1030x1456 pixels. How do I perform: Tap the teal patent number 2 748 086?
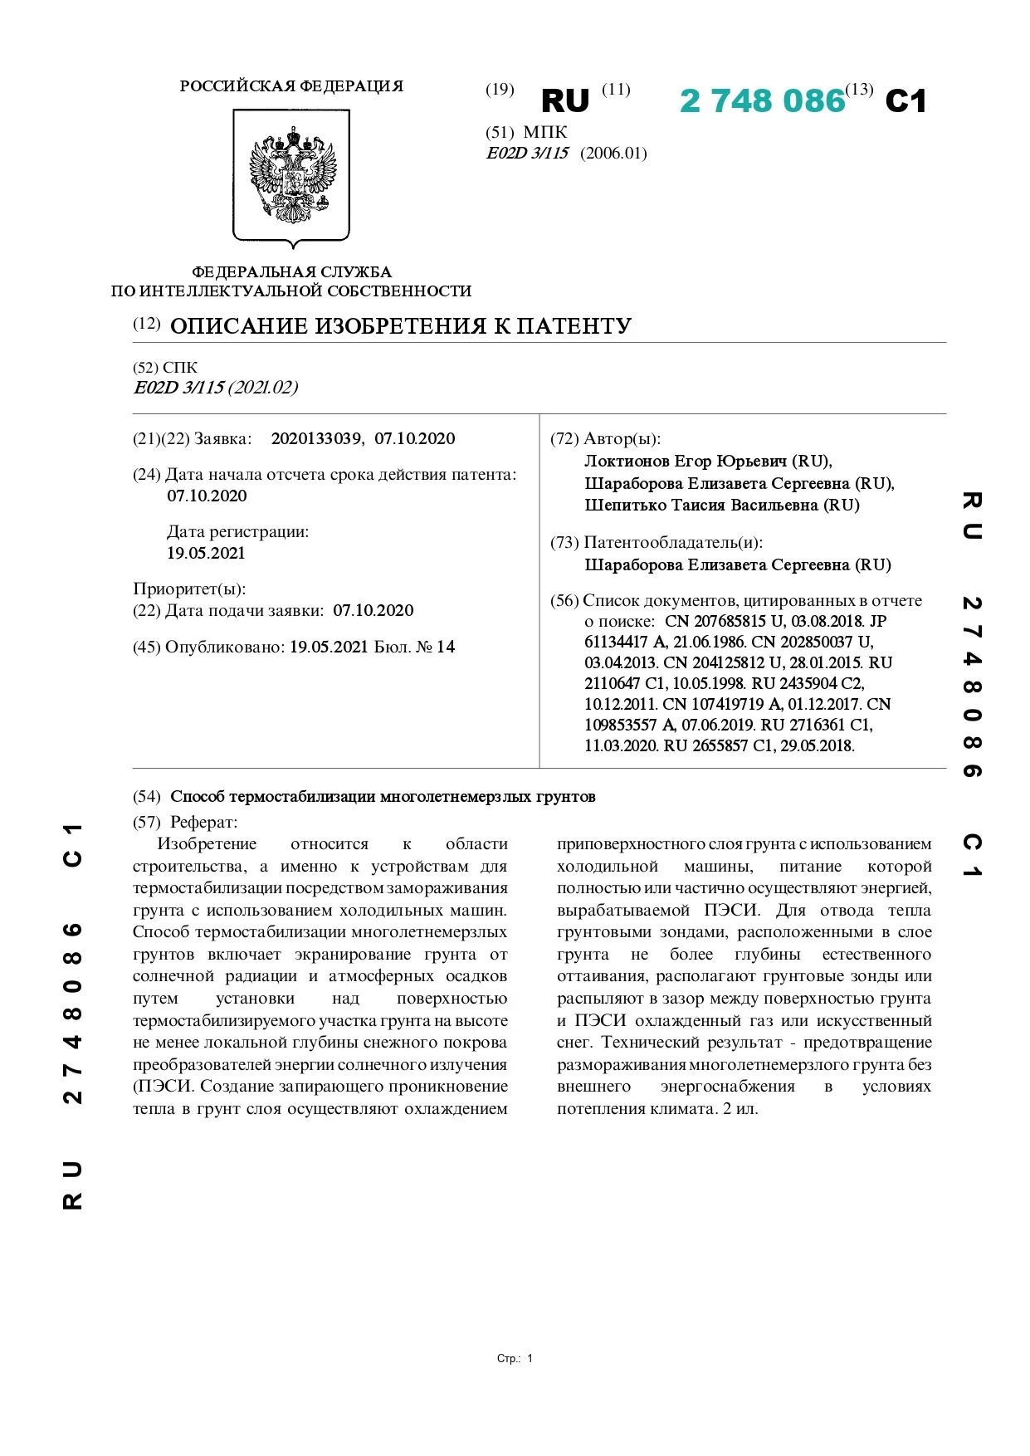coord(762,101)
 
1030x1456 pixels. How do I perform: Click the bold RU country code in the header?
coord(564,101)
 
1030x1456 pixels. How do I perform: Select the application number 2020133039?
coord(316,439)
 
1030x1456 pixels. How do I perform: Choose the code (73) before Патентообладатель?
coord(564,543)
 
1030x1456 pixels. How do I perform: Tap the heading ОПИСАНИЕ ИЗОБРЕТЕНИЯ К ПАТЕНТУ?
coord(401,326)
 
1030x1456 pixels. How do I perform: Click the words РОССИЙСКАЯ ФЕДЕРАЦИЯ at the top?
coord(291,86)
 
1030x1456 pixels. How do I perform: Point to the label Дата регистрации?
coord(237,532)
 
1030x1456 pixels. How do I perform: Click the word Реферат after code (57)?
coord(203,823)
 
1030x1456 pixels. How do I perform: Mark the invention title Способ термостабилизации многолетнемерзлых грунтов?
coord(383,797)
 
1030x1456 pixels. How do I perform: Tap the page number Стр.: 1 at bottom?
coord(515,1359)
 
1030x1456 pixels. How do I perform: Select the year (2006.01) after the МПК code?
coord(613,154)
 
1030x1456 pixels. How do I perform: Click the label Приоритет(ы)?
coord(189,589)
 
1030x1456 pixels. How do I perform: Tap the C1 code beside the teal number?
coord(906,101)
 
